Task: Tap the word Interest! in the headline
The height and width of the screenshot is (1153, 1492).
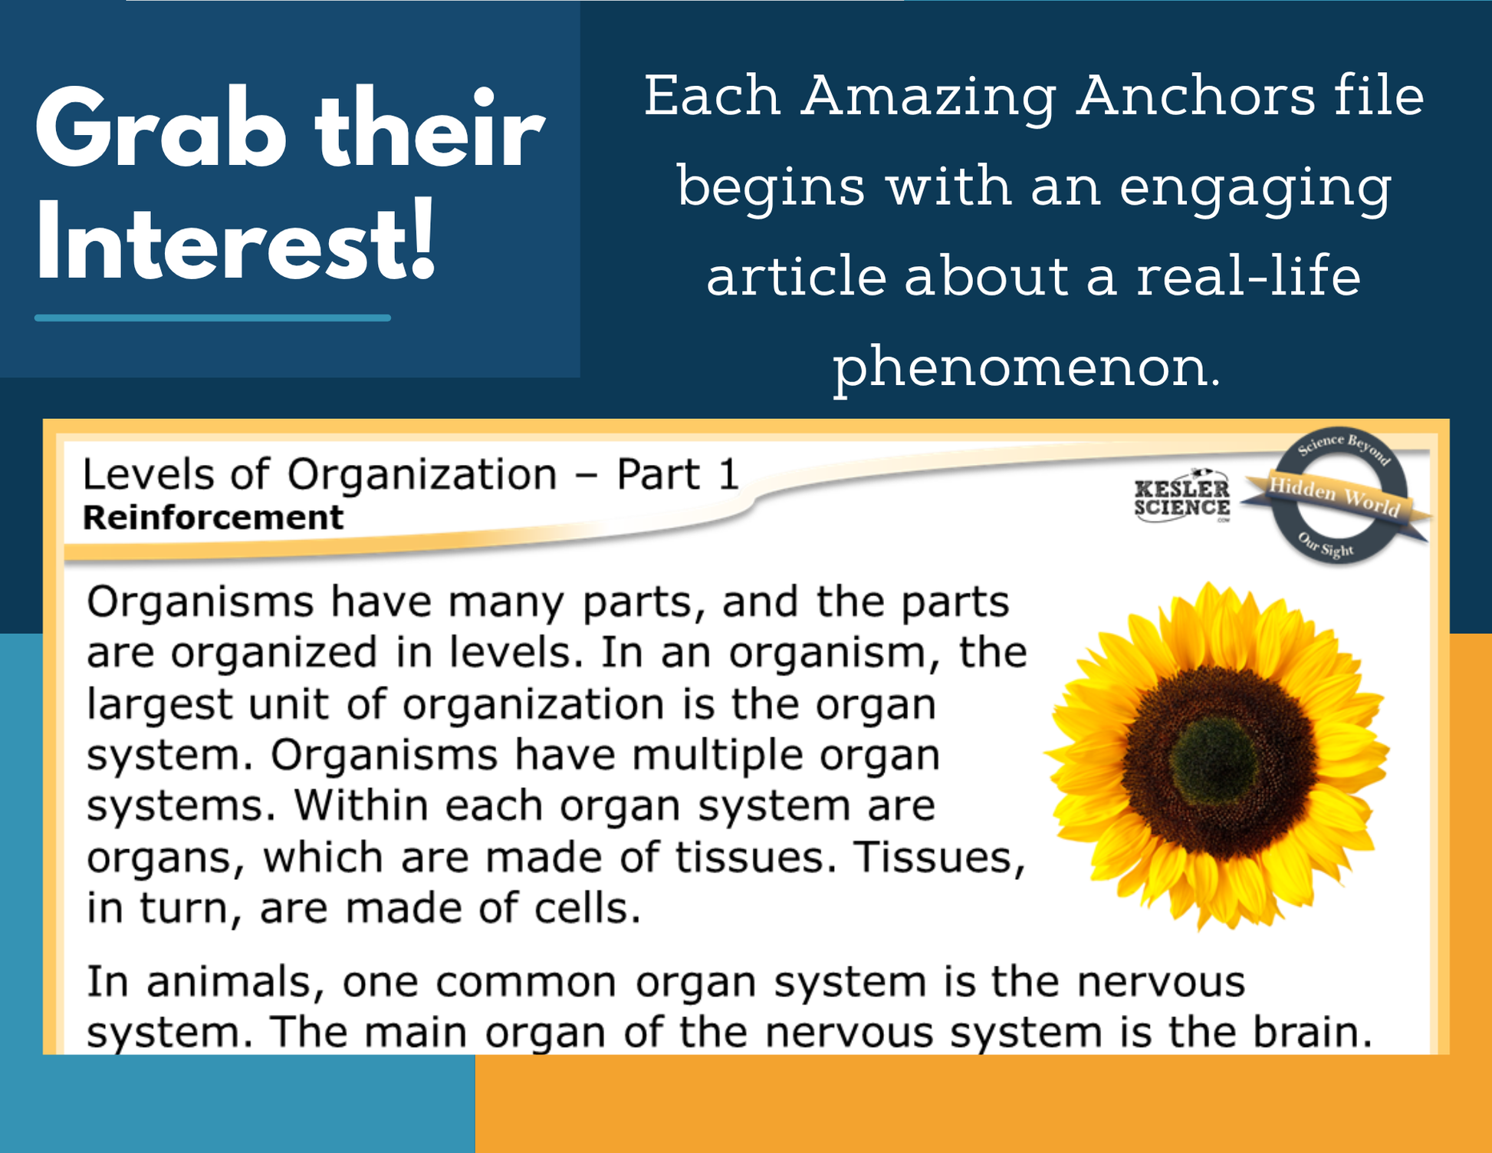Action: click(x=236, y=241)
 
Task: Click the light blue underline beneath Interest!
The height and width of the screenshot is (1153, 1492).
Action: click(x=212, y=318)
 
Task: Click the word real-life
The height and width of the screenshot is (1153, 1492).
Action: click(x=1248, y=276)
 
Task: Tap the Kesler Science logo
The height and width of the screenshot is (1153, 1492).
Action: click(x=1182, y=497)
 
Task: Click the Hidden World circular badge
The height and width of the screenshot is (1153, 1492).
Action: click(x=1337, y=495)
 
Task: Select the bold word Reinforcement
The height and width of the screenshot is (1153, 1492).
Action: click(x=213, y=518)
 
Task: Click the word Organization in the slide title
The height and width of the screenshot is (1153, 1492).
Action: click(x=422, y=475)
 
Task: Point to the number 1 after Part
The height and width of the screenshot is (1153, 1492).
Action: click(x=728, y=474)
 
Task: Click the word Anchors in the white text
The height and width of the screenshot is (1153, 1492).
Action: click(x=1195, y=97)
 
